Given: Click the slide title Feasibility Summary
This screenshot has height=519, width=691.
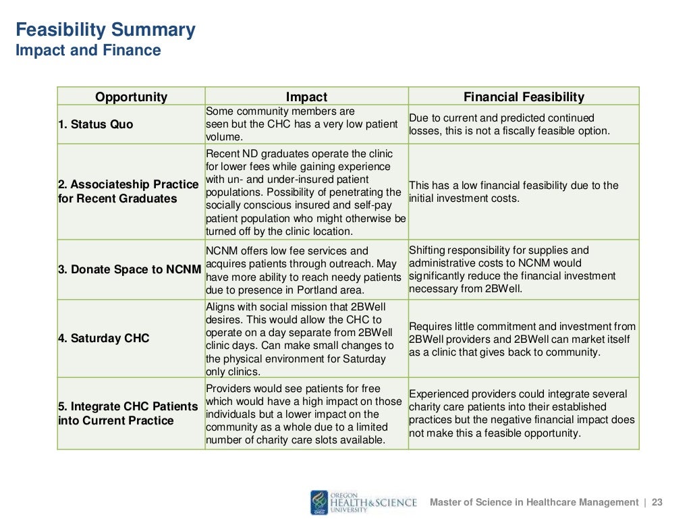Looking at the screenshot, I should point(105,30).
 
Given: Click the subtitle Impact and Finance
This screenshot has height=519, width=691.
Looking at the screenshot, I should point(88,51).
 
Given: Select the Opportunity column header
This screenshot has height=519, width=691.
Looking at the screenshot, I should point(131,97).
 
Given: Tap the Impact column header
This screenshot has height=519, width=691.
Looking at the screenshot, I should point(306,97).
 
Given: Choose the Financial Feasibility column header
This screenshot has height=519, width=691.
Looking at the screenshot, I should point(524,97).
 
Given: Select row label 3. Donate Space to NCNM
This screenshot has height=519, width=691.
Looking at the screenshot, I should point(130,269).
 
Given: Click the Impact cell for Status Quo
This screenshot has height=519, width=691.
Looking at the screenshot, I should point(306,124).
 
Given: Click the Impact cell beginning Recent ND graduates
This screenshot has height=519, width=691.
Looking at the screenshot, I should point(306,192).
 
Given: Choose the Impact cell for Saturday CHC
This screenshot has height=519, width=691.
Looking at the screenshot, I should point(306,339).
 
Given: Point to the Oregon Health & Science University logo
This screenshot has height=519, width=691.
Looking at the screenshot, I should point(364,502).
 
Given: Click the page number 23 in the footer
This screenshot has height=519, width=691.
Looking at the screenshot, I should point(657,502).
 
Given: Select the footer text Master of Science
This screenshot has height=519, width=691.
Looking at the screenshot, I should point(534,502).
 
